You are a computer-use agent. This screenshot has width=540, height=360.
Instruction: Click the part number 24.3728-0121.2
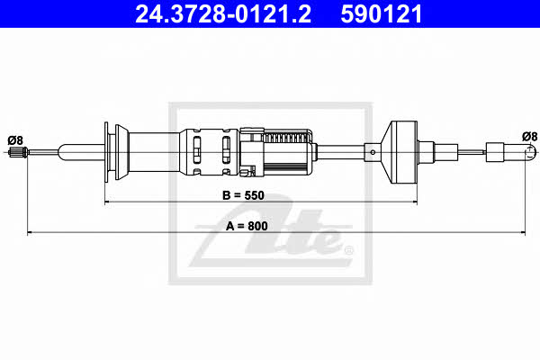[223, 14]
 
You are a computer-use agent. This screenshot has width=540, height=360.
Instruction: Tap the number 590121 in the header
[382, 14]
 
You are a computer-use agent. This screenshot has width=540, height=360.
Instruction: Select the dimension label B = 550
[244, 195]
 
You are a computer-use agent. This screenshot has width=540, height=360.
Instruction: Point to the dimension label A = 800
[247, 226]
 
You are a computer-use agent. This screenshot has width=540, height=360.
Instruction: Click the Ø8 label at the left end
[15, 140]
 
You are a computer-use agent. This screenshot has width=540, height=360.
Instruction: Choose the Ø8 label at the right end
[529, 137]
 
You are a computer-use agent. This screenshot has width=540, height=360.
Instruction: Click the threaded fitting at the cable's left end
[18, 152]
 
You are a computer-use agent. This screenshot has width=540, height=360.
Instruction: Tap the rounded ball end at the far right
[531, 152]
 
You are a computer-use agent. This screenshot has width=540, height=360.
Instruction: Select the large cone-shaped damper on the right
[399, 152]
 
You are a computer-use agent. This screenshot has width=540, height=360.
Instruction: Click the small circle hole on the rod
[373, 152]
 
